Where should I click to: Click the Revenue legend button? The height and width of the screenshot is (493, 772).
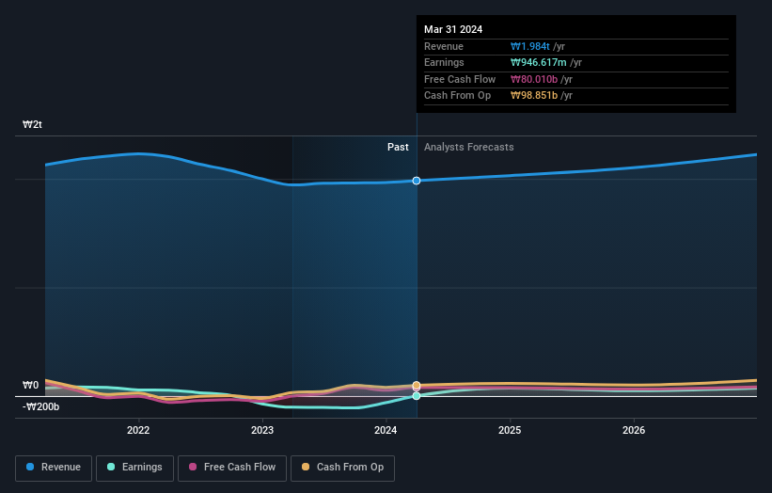click(54, 468)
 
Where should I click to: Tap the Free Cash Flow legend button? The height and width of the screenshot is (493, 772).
click(232, 468)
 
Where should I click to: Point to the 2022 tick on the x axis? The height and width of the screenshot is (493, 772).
click(138, 431)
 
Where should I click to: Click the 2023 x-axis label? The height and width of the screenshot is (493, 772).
click(262, 431)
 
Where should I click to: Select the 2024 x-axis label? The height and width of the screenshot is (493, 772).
click(386, 431)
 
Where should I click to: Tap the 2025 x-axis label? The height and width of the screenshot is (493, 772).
click(510, 431)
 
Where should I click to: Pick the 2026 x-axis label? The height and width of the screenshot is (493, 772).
click(634, 431)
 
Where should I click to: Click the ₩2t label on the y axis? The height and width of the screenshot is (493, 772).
click(33, 124)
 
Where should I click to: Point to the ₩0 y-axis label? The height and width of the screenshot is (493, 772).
click(31, 385)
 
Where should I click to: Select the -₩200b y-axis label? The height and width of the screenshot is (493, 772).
click(41, 406)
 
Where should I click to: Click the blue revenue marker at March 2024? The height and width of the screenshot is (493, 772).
click(417, 181)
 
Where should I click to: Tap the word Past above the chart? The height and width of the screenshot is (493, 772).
click(398, 147)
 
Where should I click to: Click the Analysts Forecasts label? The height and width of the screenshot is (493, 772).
click(469, 147)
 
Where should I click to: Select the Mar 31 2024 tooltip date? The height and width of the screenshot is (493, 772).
click(453, 29)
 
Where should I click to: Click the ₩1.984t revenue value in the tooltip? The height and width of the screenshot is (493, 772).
click(530, 46)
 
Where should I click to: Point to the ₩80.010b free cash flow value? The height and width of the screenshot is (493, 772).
click(535, 79)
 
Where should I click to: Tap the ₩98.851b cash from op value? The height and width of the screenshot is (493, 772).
click(535, 96)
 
